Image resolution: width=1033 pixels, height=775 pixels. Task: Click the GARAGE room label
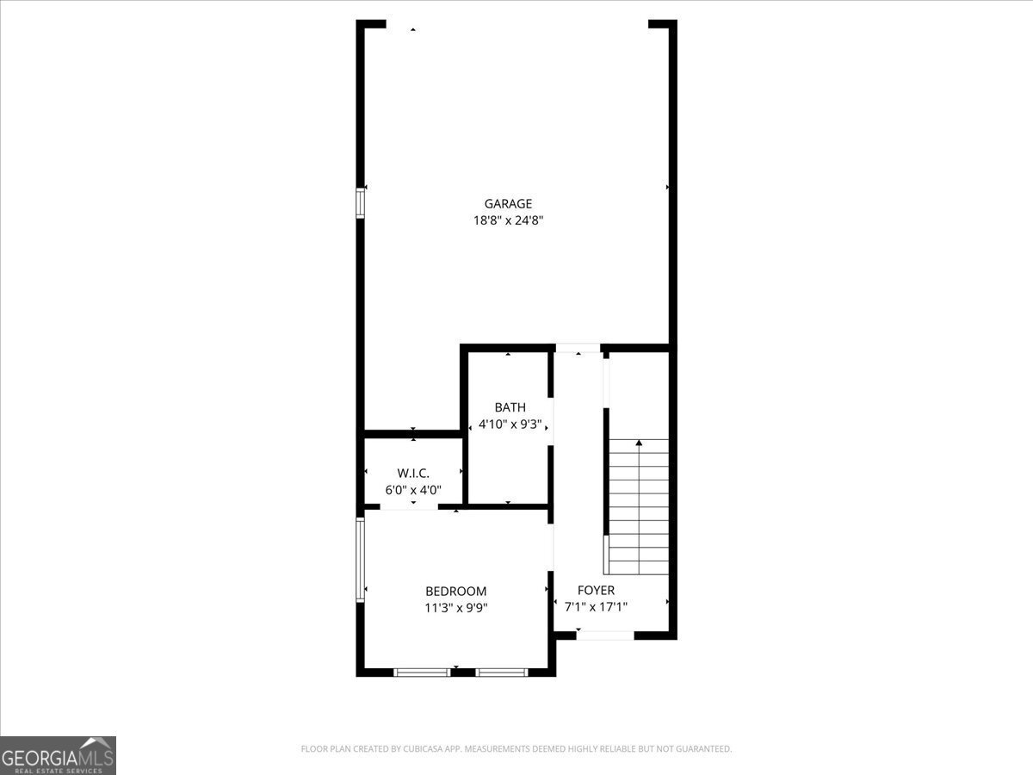click(x=508, y=204)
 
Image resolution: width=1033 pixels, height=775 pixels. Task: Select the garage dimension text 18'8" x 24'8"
click(x=508, y=220)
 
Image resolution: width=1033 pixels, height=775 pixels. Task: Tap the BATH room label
click(x=510, y=407)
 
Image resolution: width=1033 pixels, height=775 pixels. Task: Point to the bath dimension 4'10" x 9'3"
click(x=510, y=424)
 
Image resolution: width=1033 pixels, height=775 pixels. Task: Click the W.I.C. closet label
click(x=413, y=474)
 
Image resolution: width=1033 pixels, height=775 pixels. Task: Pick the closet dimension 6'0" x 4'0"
click(x=413, y=490)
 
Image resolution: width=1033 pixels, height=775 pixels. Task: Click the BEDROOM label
click(x=455, y=592)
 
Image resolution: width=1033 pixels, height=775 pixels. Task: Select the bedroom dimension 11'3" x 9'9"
click(x=455, y=607)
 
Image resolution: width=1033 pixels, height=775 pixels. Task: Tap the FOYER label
click(x=596, y=591)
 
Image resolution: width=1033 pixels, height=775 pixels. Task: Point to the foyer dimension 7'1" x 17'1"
click(x=596, y=606)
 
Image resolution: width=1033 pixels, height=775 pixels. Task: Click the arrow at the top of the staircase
click(x=639, y=443)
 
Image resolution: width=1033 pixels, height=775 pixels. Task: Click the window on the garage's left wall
click(x=361, y=203)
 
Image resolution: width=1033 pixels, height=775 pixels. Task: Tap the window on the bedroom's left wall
click(x=361, y=558)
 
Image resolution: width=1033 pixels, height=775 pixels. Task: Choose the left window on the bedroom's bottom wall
click(x=422, y=672)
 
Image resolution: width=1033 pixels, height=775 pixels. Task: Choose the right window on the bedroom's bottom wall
click(x=502, y=672)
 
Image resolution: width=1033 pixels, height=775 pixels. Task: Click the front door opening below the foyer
click(x=605, y=635)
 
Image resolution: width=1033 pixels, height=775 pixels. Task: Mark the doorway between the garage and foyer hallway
click(x=578, y=348)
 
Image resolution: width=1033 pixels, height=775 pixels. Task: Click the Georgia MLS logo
click(x=58, y=755)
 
